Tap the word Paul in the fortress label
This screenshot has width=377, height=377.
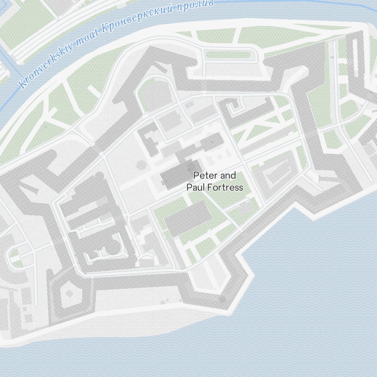click(195, 187)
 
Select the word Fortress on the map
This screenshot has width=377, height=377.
click(225, 187)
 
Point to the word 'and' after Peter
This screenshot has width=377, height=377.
click(228, 175)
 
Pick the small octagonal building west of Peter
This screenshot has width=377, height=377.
click(140, 165)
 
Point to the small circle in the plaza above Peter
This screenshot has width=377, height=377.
click(219, 156)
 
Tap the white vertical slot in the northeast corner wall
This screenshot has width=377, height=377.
click(355, 53)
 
